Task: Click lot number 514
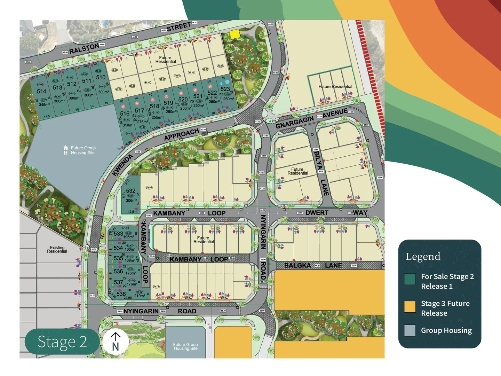point(41,91)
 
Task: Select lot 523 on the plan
point(225,89)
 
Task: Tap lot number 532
point(131,191)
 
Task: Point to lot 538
point(121,294)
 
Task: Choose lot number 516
point(125,113)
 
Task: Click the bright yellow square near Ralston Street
point(235,34)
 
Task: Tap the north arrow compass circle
point(115,342)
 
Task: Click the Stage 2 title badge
point(62,342)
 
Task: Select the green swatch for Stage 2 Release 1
point(410,279)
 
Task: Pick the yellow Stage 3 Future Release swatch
point(410,306)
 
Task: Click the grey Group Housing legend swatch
point(410,330)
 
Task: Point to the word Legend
point(423,257)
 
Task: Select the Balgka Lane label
point(313,265)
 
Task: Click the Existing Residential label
point(57,249)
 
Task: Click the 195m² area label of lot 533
point(128,237)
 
